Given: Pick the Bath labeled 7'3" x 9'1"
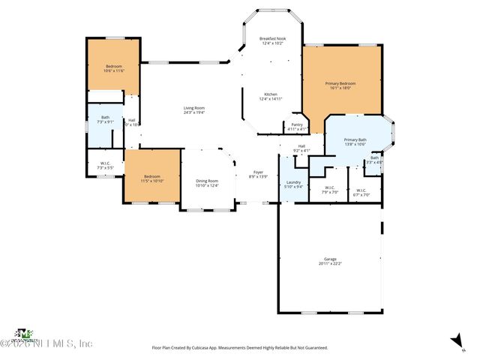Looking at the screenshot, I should [x=105, y=119].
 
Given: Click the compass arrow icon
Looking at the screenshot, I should [x=454, y=341].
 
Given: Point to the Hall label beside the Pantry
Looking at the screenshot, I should [x=301, y=148].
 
